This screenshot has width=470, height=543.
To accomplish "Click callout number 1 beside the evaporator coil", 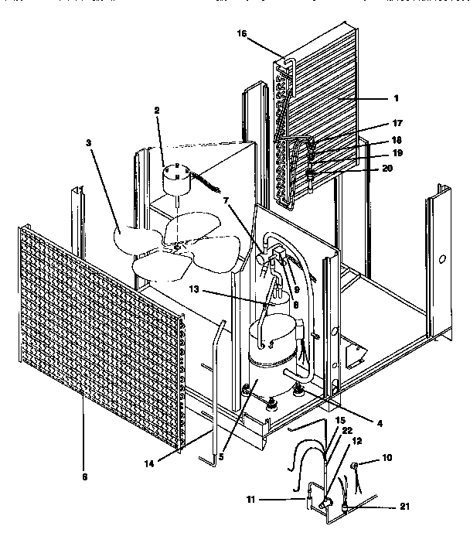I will coord(397,98).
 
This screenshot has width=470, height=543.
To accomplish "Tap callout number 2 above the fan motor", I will coord(156,111).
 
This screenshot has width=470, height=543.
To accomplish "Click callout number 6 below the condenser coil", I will coord(83,476).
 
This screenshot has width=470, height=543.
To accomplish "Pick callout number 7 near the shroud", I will coord(226,200).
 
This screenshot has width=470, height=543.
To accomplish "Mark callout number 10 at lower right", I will coord(387,459).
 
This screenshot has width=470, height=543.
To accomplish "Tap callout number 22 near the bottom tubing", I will coord(347,431).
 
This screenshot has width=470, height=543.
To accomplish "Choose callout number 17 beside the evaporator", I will coord(397,123).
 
